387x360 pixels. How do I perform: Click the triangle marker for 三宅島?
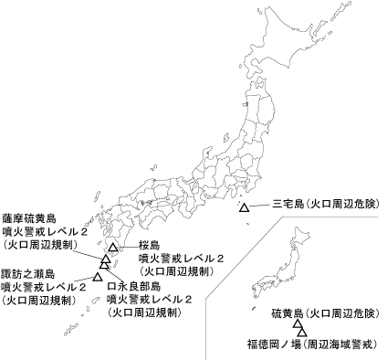click(244, 209)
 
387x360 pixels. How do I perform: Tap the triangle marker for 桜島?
click(112, 248)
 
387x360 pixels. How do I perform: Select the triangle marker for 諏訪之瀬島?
click(97, 276)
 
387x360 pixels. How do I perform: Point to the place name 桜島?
click(150, 246)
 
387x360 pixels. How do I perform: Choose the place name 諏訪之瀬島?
click(27, 272)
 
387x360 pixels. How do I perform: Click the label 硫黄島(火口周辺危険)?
click(324, 314)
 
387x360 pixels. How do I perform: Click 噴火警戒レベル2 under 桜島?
click(178, 259)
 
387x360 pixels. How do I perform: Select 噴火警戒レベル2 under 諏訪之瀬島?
click(44, 286)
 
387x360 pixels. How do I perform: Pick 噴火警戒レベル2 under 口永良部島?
click(150, 299)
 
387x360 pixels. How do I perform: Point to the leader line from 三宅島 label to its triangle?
click(258, 205)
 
